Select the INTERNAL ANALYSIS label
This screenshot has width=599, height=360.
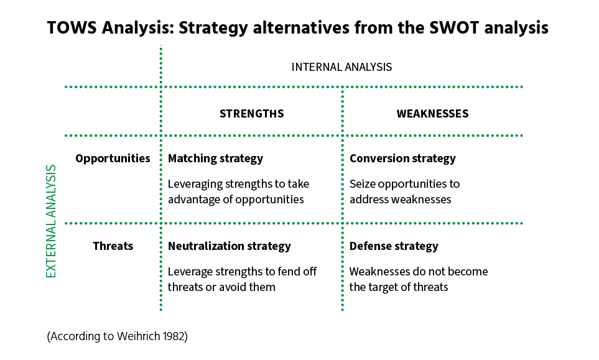(341, 67)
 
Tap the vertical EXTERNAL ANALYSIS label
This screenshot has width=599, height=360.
(52, 221)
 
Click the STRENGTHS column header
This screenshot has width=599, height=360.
(251, 114)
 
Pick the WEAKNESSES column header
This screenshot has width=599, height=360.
(432, 114)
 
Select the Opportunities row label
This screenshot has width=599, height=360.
(113, 159)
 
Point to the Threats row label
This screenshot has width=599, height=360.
(113, 246)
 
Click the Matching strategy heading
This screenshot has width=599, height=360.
(215, 159)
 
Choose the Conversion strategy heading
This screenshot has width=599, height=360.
(402, 159)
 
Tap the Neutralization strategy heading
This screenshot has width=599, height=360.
(229, 246)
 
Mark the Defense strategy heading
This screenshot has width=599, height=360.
(394, 246)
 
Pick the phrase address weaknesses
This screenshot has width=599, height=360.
(400, 200)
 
